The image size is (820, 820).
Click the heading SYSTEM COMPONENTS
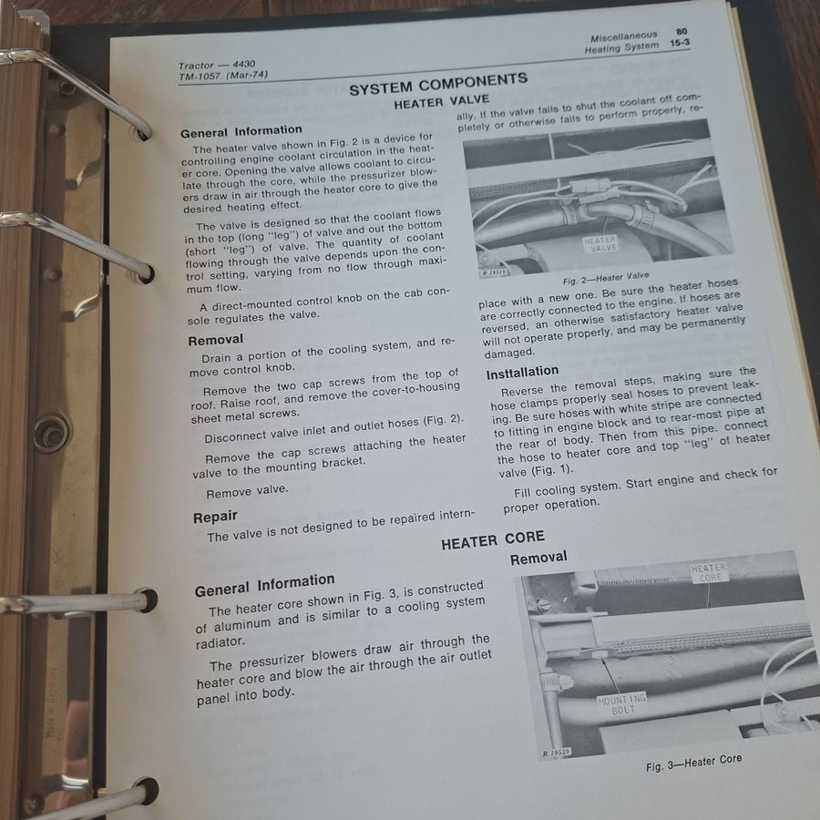point(438,84)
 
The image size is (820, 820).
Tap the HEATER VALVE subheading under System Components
point(441,101)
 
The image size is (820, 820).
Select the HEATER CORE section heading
point(493,540)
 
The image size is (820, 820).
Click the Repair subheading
point(215,517)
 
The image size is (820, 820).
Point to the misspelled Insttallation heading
point(522,372)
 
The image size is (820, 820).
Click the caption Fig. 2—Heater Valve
point(606,278)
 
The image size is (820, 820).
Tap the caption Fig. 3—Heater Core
point(693,763)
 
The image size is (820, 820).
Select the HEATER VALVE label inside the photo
point(600,243)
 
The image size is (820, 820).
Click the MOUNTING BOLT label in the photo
point(621,704)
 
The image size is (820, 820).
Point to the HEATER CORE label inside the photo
point(709,572)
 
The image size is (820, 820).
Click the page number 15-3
point(680,43)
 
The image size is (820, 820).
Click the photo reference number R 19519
point(494,272)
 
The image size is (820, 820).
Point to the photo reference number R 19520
point(556,752)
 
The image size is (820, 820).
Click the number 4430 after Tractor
point(243,65)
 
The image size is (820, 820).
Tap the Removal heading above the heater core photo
point(538,558)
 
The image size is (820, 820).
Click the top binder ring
point(78,89)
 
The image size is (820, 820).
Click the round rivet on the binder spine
point(52,433)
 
